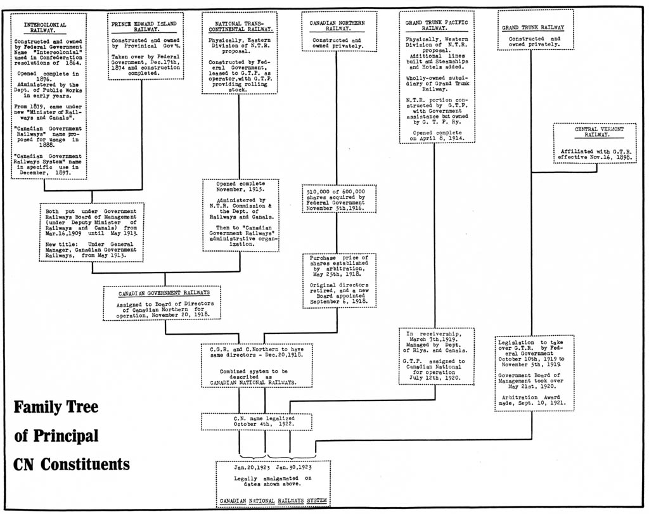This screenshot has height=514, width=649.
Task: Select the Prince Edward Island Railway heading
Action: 144,27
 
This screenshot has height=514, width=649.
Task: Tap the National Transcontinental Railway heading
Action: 240,26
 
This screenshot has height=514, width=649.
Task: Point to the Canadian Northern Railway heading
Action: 337,25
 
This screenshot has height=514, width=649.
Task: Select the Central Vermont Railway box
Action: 594,143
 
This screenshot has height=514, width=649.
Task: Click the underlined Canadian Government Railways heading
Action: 164,293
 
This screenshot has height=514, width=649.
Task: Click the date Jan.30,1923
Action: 295,467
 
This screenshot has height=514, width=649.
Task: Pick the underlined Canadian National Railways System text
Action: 273,501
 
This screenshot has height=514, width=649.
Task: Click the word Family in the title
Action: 39,407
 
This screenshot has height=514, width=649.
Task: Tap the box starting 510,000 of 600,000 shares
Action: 339,199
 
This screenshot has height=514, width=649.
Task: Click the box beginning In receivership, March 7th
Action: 435,356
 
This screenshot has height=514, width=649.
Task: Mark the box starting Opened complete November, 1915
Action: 240,215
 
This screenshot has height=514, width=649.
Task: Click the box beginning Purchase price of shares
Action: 339,280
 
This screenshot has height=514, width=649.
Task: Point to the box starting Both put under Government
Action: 91,231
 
